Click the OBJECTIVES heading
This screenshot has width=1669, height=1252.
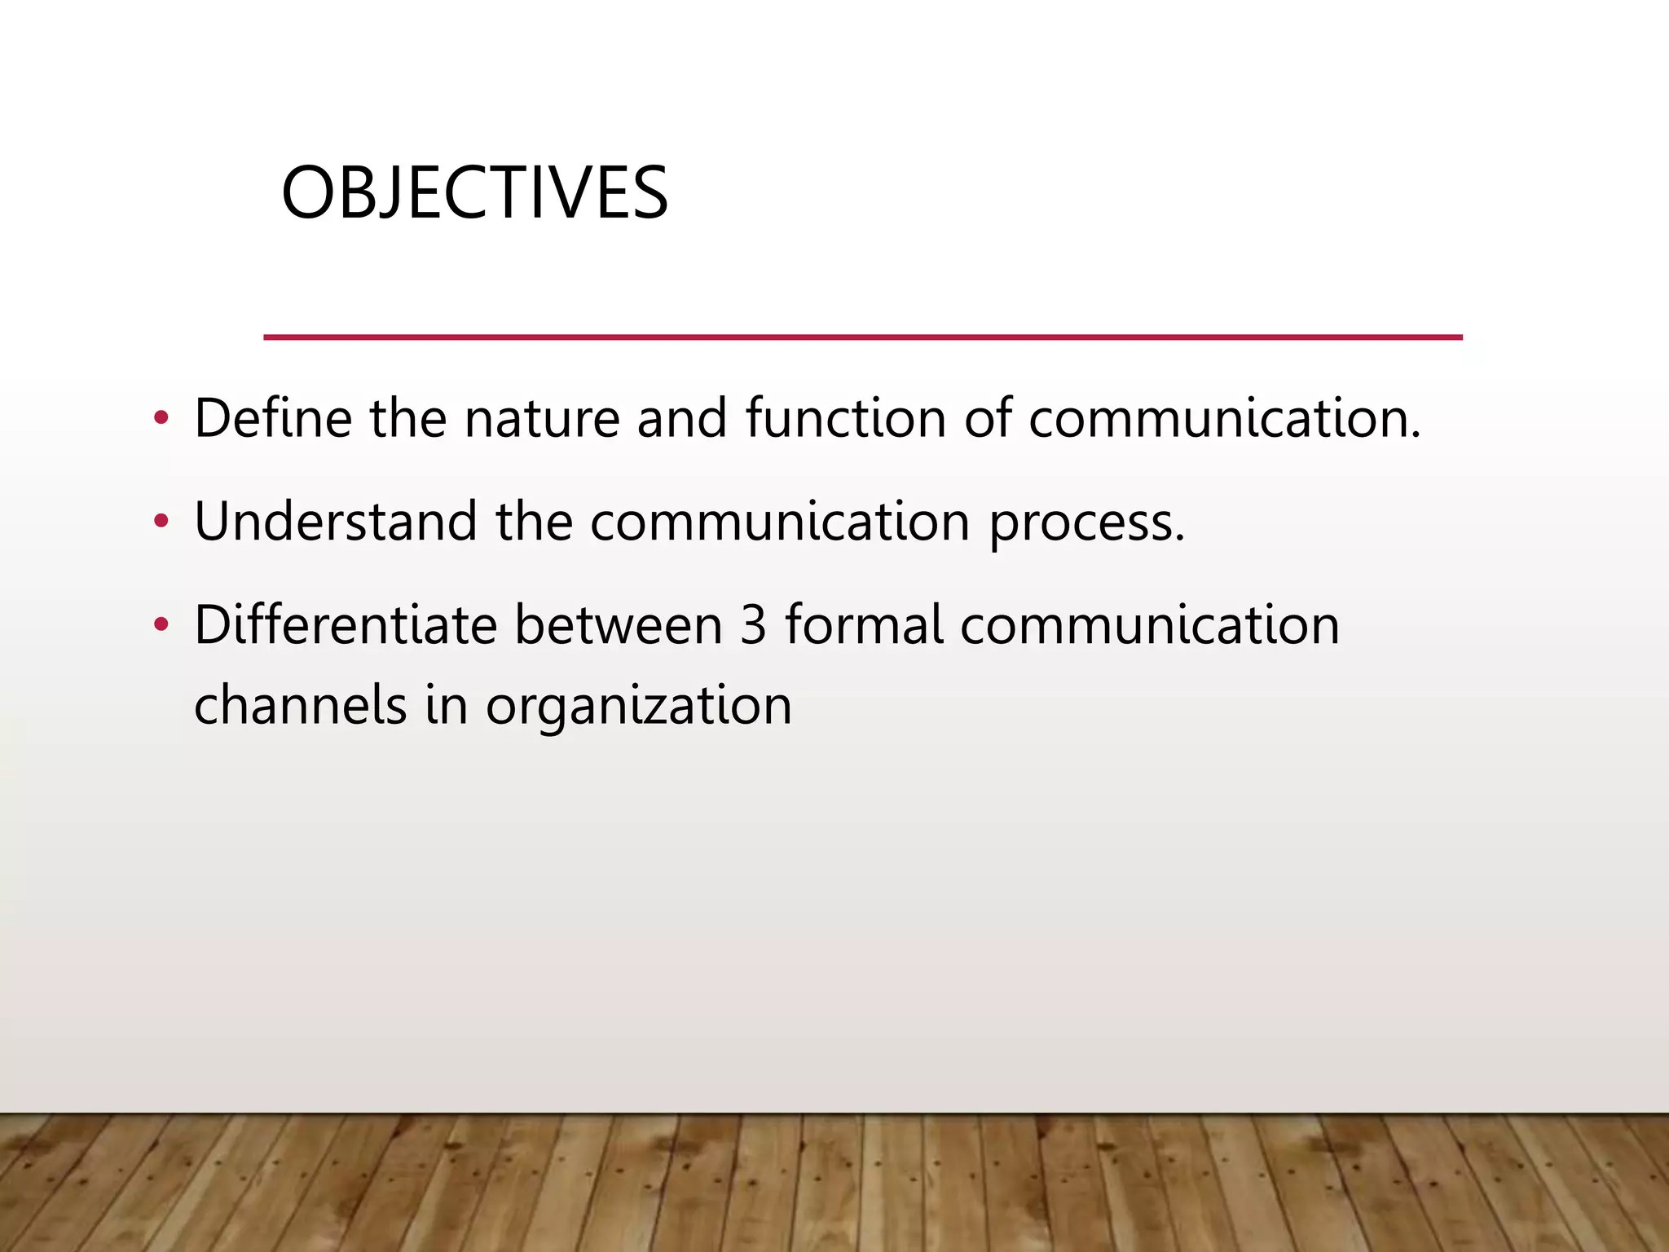(x=474, y=193)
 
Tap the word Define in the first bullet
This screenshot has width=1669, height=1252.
(x=273, y=418)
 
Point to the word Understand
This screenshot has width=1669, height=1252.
(x=335, y=522)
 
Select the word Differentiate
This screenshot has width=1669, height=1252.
(x=346, y=625)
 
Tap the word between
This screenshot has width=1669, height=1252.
(x=619, y=625)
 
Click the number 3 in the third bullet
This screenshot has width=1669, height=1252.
(x=754, y=625)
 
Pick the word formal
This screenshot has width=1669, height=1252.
(x=864, y=625)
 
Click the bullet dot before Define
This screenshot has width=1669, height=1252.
(x=161, y=419)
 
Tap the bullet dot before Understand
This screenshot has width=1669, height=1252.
(x=161, y=522)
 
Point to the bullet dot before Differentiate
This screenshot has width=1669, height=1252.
(x=161, y=625)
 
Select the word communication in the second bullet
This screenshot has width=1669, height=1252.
(x=780, y=522)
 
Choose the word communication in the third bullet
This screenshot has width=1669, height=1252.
(x=1149, y=625)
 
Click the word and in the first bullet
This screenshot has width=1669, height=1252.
(x=681, y=418)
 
